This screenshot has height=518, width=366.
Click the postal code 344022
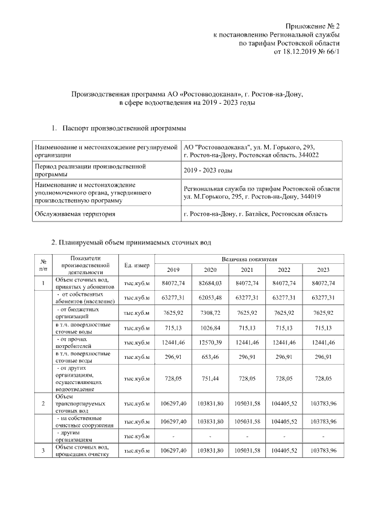[307, 155]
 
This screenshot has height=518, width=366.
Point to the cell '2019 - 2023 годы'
[208, 171]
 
